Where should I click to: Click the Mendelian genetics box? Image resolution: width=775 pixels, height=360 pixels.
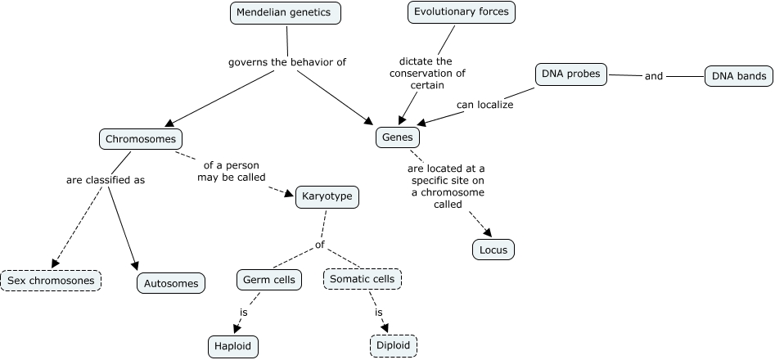[x=285, y=13]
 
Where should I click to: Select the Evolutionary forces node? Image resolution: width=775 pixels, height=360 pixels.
[x=462, y=12]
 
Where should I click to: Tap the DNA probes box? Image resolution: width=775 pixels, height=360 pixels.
[x=571, y=74]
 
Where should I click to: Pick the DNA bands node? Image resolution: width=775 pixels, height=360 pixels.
[x=738, y=77]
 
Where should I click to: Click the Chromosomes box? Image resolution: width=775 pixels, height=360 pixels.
[x=141, y=139]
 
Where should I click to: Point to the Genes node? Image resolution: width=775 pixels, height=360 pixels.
[x=398, y=137]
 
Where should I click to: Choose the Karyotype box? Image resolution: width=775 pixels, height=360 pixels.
[x=326, y=197]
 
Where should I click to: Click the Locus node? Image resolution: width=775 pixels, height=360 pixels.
[x=493, y=249]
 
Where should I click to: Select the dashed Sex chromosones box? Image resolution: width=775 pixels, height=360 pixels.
[x=51, y=281]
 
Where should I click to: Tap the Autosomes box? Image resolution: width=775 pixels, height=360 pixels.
[x=171, y=283]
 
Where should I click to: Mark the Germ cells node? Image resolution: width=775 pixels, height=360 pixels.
[x=269, y=280]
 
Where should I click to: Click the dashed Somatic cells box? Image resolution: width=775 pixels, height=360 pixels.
[x=362, y=279]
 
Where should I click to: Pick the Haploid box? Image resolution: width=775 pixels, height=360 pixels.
[x=233, y=345]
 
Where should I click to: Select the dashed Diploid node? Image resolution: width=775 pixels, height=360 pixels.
[x=394, y=345]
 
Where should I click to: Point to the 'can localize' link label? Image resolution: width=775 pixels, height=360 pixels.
[x=484, y=105]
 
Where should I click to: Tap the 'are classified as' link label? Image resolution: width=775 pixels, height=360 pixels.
[x=105, y=180]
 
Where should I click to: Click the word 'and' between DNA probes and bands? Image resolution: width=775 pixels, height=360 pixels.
[x=654, y=77]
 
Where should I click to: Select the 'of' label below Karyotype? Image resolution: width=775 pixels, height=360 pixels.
[x=320, y=245]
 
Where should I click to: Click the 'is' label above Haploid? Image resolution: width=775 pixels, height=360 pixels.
[x=243, y=313]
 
